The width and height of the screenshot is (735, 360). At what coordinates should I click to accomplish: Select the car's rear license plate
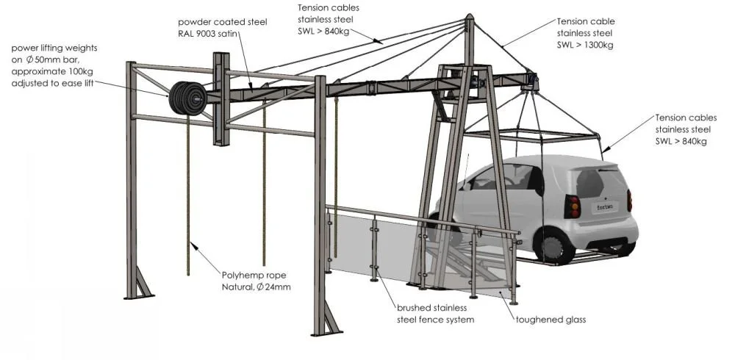tap(604, 209)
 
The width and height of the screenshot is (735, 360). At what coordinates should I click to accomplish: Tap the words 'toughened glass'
tap(550, 320)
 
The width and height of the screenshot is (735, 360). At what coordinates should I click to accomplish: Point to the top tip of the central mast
tap(470, 15)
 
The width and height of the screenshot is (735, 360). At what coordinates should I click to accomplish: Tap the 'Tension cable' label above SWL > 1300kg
tap(586, 21)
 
